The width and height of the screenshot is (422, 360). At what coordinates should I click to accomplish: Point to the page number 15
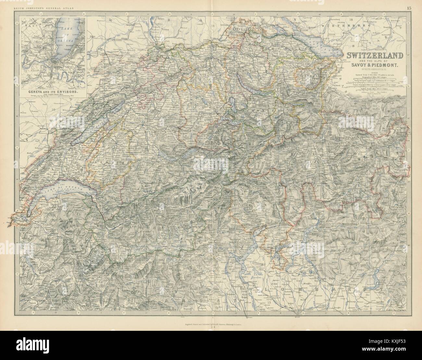pyautogui.click(x=408, y=4)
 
